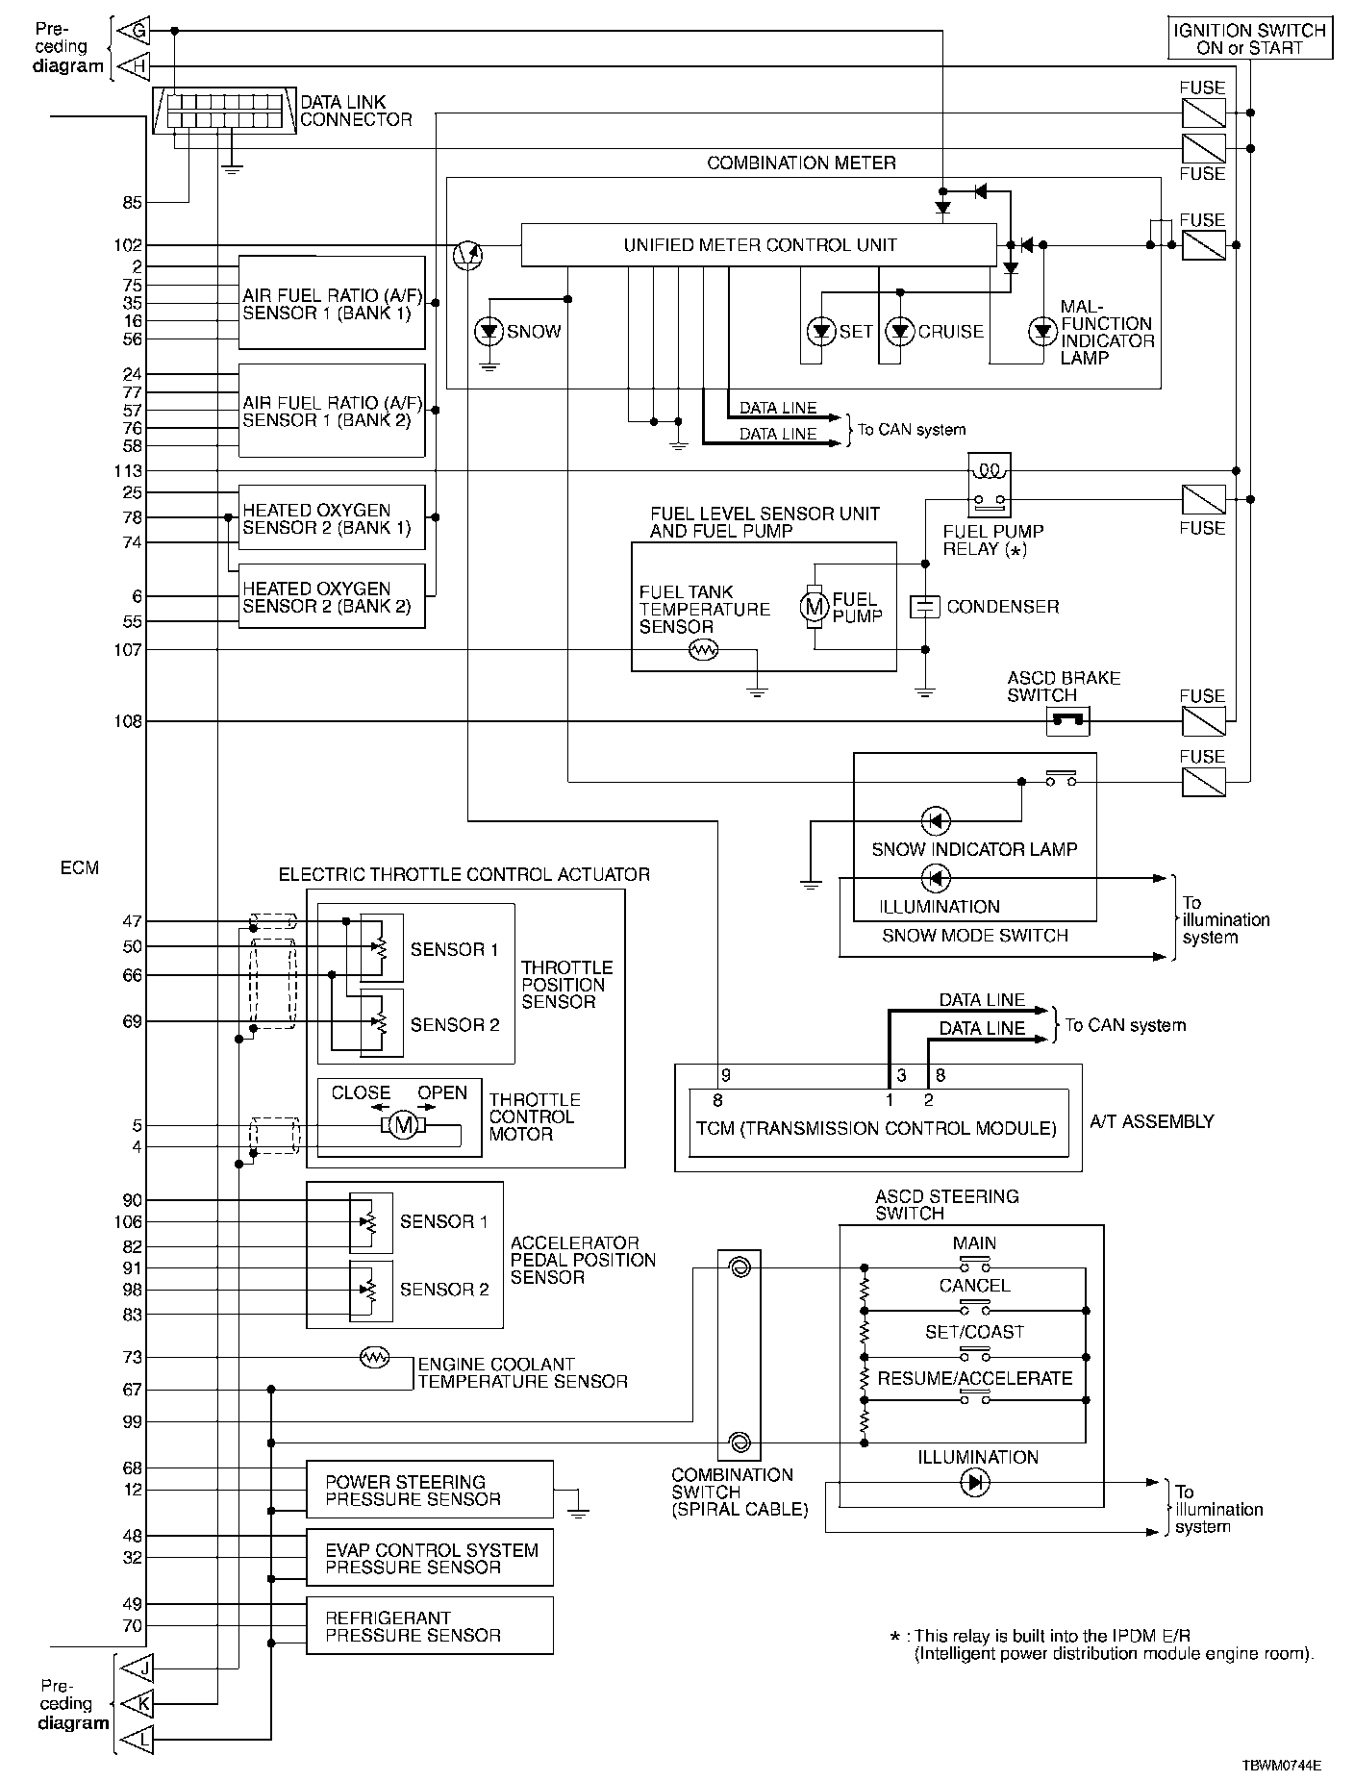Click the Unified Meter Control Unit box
[x=759, y=245]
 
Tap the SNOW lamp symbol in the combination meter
[x=490, y=332]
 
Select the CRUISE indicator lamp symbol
[x=900, y=332]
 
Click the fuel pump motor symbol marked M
[x=815, y=606]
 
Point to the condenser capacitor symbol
[x=924, y=607]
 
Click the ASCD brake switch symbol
[x=1066, y=720]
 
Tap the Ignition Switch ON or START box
[x=1249, y=38]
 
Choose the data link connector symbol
[x=225, y=111]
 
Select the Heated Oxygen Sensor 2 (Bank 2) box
[x=332, y=596]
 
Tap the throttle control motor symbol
[x=405, y=1124]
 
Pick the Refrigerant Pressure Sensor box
[x=430, y=1626]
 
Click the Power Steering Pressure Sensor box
[x=430, y=1490]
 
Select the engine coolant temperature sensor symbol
[x=373, y=1357]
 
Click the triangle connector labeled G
[x=132, y=32]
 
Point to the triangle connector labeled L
[x=132, y=1740]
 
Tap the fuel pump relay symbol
[x=990, y=485]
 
